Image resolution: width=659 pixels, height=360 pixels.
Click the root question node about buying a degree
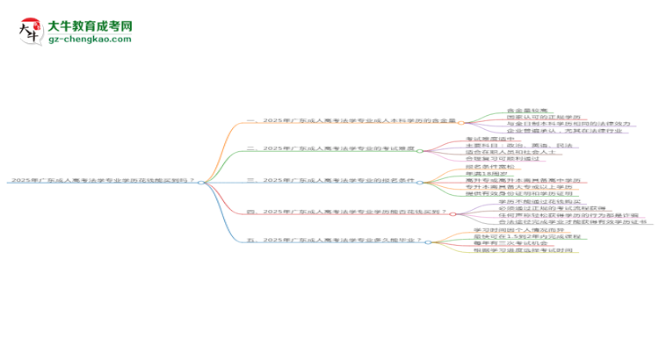pyautogui.click(x=102, y=181)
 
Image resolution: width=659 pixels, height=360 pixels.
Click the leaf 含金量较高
pyautogui.click(x=527, y=111)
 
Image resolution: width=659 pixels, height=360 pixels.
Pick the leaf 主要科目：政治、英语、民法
pyautogui.click(x=518, y=145)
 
